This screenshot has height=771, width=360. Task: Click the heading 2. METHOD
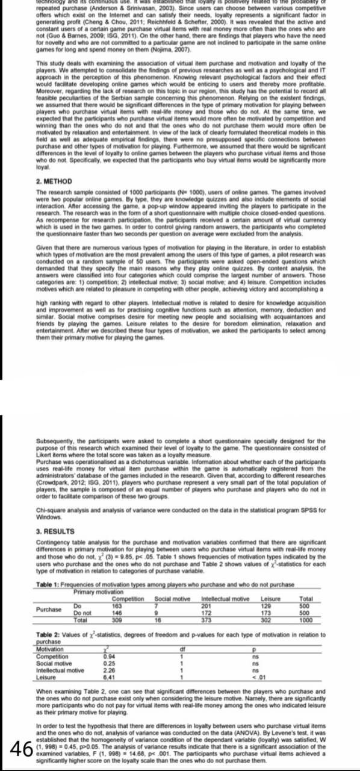[x=54, y=181]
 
